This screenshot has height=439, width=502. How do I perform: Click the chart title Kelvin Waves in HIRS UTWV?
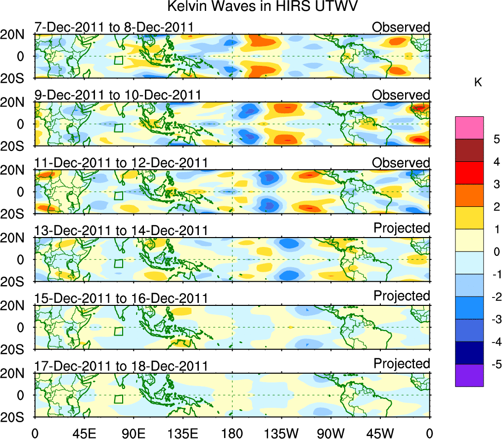click(x=262, y=7)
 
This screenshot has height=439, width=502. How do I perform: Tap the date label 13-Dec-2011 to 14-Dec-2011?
click(x=121, y=231)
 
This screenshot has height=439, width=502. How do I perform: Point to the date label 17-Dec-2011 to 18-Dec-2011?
click(x=121, y=366)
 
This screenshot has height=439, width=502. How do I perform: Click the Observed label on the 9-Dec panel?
click(x=401, y=95)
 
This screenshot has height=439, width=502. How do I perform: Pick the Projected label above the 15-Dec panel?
click(x=402, y=296)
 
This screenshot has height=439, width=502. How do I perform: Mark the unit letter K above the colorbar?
click(x=478, y=83)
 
